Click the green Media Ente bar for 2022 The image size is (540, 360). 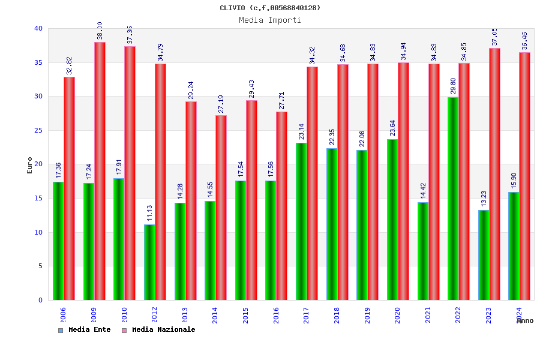coord(453,199)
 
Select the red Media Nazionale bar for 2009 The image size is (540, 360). coord(100,171)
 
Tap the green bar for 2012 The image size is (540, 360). coord(149,262)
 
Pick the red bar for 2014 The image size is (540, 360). coord(221,208)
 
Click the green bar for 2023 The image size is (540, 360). coord(484,255)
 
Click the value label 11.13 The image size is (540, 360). coord(149,214)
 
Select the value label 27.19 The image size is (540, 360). coord(221,104)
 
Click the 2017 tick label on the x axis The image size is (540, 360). coord(307,316)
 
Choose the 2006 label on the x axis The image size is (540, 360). coord(63,316)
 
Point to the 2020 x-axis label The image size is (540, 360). coord(398,316)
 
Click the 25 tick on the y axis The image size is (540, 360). coord(38,130)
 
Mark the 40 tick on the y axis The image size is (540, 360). coord(38,28)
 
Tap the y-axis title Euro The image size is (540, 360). coord(30,165)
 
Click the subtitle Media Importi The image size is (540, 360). coord(270,20)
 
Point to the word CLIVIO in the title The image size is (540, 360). coord(233,8)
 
